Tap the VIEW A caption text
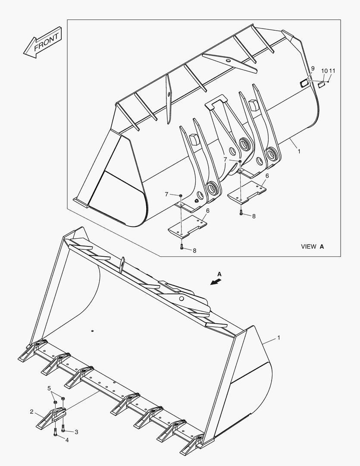click(x=312, y=246)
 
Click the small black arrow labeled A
click(x=216, y=281)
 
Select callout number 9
click(x=313, y=69)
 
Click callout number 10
click(x=324, y=70)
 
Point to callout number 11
click(x=332, y=70)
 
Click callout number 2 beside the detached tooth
click(x=31, y=412)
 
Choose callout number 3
click(x=76, y=431)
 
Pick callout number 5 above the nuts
click(x=49, y=388)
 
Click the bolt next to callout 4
click(x=55, y=432)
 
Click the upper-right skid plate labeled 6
click(x=247, y=190)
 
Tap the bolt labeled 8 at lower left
click(x=181, y=247)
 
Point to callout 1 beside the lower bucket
click(x=279, y=338)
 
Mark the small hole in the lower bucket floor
click(x=92, y=331)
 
